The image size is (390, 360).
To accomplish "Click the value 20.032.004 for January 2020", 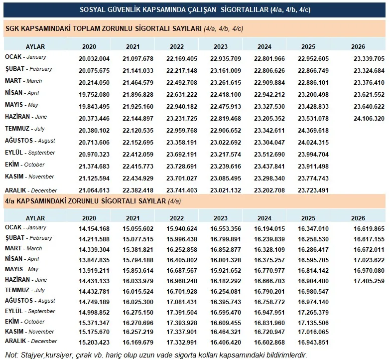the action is click(x=94, y=59).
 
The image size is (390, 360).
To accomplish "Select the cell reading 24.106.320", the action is click(x=369, y=119).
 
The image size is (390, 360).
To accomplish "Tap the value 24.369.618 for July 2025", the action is click(x=313, y=131).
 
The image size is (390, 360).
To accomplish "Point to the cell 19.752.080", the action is click(x=94, y=95).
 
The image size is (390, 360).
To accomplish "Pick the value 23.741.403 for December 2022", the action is click(x=182, y=190).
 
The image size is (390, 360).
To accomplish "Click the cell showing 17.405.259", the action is click(x=369, y=281).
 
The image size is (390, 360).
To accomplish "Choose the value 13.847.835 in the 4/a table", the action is click(x=94, y=260).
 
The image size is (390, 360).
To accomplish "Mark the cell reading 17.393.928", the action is click(x=182, y=323).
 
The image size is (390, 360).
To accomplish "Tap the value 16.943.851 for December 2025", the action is click(x=313, y=343).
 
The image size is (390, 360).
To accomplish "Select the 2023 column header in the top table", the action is click(x=221, y=46).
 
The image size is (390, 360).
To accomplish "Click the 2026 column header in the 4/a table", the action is click(x=358, y=218).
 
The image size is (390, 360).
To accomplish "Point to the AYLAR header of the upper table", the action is click(x=35, y=46).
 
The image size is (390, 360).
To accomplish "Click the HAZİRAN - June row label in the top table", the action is click(x=26, y=117).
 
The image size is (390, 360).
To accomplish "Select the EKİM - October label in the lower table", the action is click(x=24, y=322).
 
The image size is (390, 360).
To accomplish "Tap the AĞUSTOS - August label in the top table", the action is click(x=30, y=141).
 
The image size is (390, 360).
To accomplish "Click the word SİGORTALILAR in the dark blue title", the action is click(x=245, y=9).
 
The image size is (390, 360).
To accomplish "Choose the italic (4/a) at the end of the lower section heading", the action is click(x=174, y=201).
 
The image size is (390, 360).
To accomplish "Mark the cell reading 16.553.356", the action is click(x=226, y=229).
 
